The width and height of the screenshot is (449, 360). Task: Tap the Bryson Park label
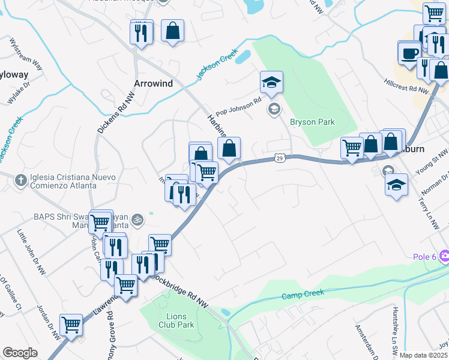pyautogui.click(x=312, y=122)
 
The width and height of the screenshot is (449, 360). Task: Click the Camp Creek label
pyautogui.click(x=303, y=294)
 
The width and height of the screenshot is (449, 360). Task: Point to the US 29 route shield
pyautogui.click(x=280, y=157)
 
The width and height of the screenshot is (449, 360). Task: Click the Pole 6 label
pyautogui.click(x=424, y=257)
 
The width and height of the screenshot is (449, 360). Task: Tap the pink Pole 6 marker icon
pyautogui.click(x=444, y=257)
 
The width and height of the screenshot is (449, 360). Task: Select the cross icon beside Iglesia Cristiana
pyautogui.click(x=20, y=178)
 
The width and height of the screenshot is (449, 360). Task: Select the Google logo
pyautogui.click(x=20, y=353)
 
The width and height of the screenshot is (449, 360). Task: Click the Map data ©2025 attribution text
pyautogui.click(x=424, y=355)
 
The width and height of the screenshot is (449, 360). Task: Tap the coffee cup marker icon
pyautogui.click(x=411, y=52)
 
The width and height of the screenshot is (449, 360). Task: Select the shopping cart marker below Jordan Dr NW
pyautogui.click(x=71, y=325)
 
